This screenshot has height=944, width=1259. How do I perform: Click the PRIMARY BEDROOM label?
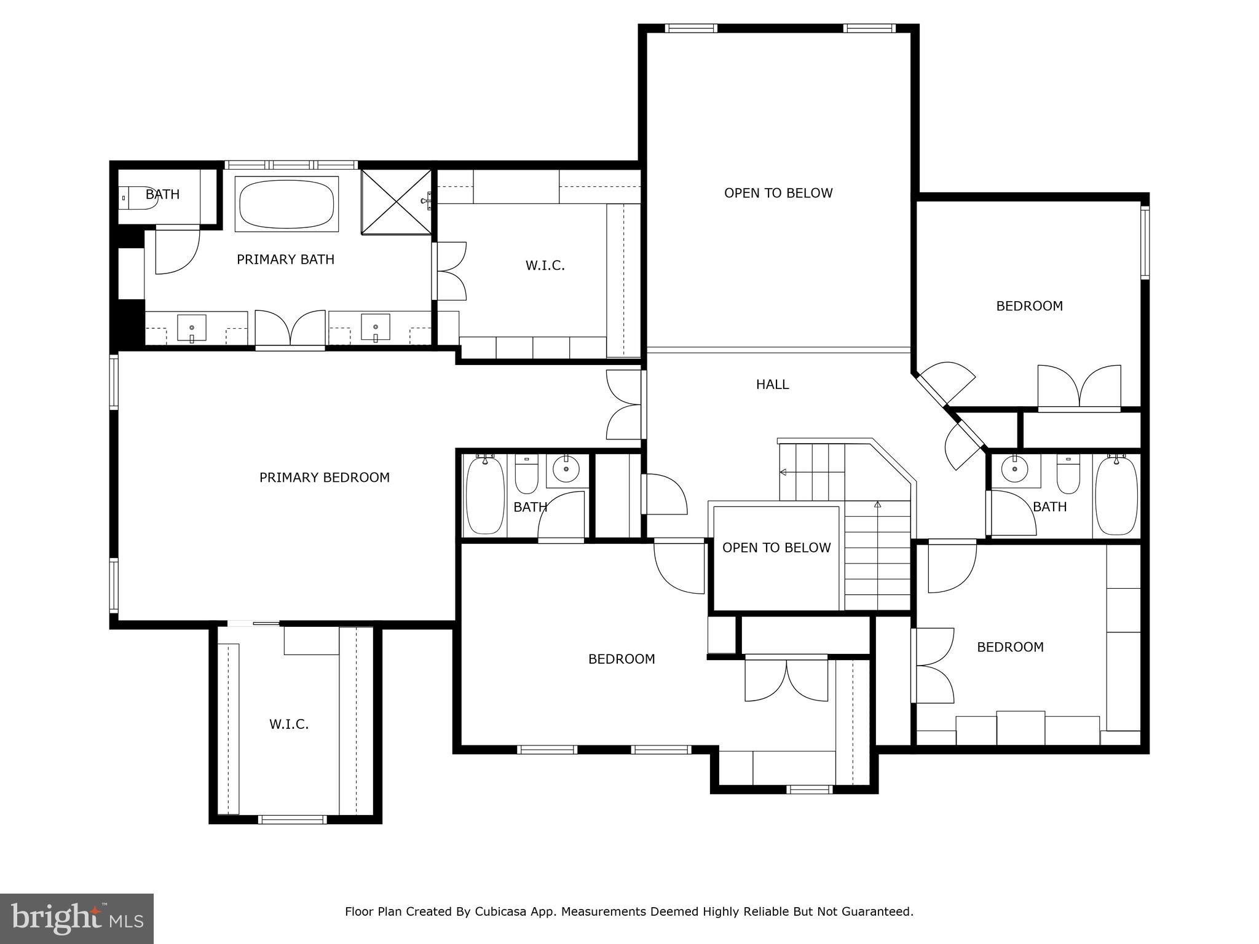click(324, 478)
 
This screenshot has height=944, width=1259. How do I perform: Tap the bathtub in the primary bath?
click(286, 203)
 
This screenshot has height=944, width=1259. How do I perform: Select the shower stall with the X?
click(397, 202)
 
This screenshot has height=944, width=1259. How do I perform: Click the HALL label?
click(772, 385)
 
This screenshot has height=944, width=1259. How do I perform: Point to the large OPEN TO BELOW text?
click(778, 193)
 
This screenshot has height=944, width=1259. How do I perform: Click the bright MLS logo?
click(77, 918)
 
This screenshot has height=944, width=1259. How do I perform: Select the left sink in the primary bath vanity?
click(192, 328)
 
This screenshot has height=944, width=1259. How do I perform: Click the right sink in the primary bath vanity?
click(375, 327)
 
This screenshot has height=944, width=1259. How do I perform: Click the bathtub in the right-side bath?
click(1116, 495)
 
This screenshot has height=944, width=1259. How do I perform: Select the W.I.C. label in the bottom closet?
click(288, 725)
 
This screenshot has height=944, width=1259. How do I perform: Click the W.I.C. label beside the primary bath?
click(545, 265)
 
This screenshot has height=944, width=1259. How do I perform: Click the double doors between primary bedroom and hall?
click(625, 404)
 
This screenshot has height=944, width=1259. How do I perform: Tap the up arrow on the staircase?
click(877, 505)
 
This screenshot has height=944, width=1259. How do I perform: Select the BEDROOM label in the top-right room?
click(1029, 306)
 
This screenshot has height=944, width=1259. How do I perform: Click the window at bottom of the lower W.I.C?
click(292, 819)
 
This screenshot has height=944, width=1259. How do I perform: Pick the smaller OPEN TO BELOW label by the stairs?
click(776, 548)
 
